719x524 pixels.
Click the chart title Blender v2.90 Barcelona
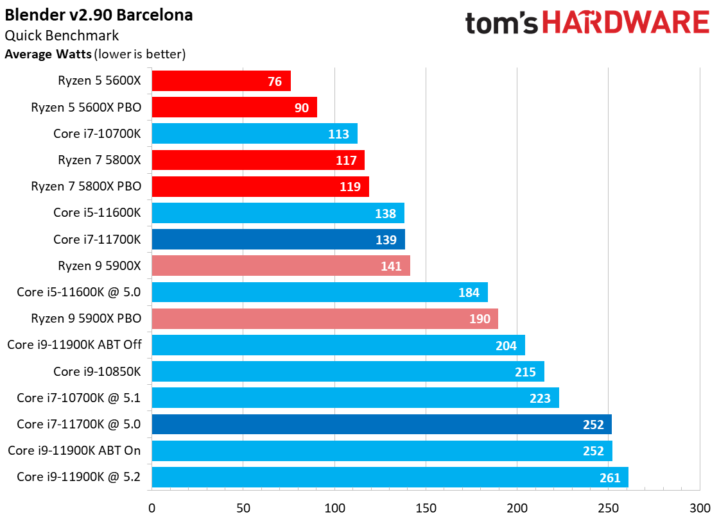tap(99, 15)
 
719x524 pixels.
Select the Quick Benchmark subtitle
tap(62, 35)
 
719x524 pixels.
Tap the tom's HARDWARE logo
tap(587, 22)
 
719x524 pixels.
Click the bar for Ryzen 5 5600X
tap(221, 81)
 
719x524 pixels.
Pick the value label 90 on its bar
tap(302, 108)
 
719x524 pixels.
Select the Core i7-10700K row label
tap(97, 134)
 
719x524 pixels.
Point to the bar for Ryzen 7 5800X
tap(258, 160)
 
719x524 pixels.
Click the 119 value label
tap(351, 187)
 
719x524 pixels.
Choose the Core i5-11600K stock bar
tap(278, 213)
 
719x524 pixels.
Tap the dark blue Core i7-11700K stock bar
tap(279, 239)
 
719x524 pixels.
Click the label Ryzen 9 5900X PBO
tap(86, 318)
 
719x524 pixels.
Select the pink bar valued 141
tap(281, 266)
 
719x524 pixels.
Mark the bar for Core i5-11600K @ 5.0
tap(320, 292)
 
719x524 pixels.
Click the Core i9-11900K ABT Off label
tap(74, 344)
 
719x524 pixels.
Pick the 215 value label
tap(526, 371)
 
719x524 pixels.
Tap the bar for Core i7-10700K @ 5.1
tap(356, 398)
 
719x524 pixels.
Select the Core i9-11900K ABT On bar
tap(382, 451)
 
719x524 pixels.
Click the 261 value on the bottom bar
tap(610, 478)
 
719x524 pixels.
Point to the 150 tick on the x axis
tap(426, 508)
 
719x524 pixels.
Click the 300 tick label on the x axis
tap(700, 508)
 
